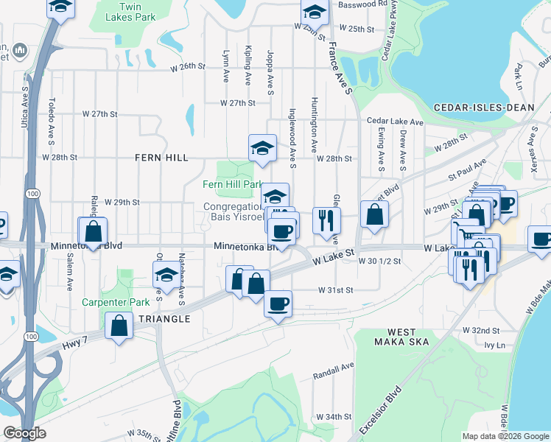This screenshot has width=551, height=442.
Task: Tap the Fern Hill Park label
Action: pos(233,184)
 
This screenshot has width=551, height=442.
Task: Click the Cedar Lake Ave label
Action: pos(395,122)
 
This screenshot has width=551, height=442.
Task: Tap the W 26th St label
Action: pos(186,66)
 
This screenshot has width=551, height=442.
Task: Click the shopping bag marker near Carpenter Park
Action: pos(119,326)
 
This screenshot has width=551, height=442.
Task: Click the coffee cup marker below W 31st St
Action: pos(278,303)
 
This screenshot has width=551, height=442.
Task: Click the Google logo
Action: pos(25,433)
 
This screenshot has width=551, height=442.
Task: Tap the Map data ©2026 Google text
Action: pos(504,436)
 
